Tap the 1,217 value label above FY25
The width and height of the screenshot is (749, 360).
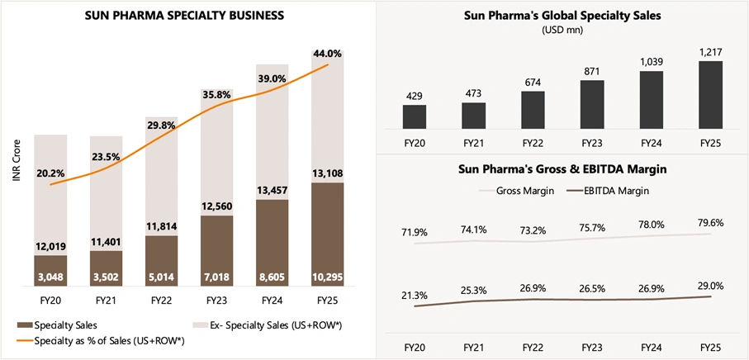[x=710, y=51]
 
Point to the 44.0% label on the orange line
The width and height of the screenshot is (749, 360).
[x=329, y=52]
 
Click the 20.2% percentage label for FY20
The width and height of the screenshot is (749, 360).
[x=51, y=173]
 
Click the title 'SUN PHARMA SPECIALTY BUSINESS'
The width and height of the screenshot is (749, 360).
[x=185, y=15]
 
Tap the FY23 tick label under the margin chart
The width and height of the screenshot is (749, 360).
[x=591, y=343]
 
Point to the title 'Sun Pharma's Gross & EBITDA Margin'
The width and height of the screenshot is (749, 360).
[x=562, y=169]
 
